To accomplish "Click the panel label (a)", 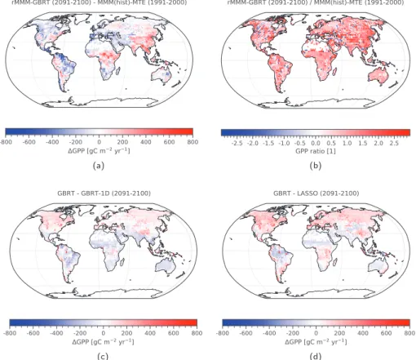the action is pos(99,166).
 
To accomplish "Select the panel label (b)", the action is pos(316,166).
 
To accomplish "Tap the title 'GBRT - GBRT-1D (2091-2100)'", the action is pos(104,193).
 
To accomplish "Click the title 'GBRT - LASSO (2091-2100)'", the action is pos(316,193).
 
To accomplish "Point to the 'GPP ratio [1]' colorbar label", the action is pos(316,151).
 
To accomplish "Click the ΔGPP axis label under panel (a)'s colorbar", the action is pos(99,150).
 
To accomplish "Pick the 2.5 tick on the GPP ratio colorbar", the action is pos(394,143).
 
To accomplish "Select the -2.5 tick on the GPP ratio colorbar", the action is pos(237,143).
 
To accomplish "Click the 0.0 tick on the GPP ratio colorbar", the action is pos(316,143).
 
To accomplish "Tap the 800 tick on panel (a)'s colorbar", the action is pos(193,142).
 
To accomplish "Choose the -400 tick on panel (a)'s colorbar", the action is pos(52,142).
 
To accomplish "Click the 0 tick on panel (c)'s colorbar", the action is pos(103,333).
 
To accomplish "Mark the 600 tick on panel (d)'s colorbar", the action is pos(386,333).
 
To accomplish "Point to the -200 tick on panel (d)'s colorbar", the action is pos(292,333).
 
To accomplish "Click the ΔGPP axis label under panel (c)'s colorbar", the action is pos(103,341).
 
